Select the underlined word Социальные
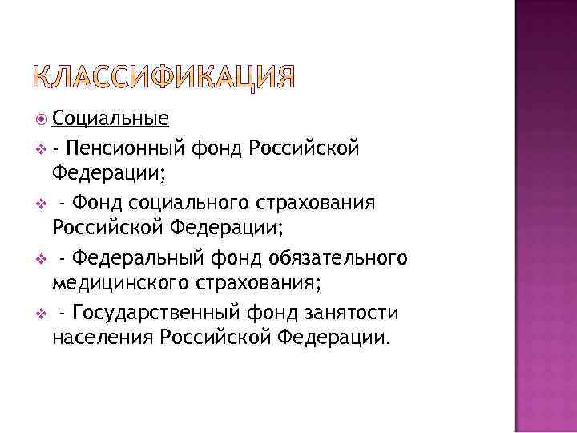click(x=110, y=119)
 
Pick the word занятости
click(x=363, y=312)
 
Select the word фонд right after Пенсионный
click(x=218, y=147)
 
